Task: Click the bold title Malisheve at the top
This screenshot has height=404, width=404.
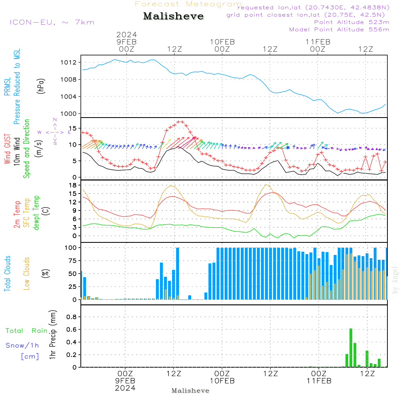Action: pyautogui.click(x=173, y=17)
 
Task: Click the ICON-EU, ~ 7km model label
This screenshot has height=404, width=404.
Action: pyautogui.click(x=52, y=22)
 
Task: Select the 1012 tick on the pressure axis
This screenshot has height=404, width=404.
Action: pyautogui.click(x=69, y=62)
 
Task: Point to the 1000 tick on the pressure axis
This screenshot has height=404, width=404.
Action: pyautogui.click(x=69, y=114)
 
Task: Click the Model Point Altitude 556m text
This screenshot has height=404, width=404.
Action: pyautogui.click(x=339, y=29)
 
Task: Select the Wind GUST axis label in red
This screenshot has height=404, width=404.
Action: pyautogui.click(x=7, y=150)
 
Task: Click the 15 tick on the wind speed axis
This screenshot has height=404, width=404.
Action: pyautogui.click(x=73, y=128)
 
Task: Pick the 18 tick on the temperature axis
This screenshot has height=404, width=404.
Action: pyautogui.click(x=73, y=185)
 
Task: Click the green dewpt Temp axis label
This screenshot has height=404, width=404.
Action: pyautogui.click(x=37, y=213)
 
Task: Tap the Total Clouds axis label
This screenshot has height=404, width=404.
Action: pyautogui.click(x=7, y=273)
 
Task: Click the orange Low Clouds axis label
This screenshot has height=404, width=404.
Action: pyautogui.click(x=27, y=273)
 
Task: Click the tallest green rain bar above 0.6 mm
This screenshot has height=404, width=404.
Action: pyautogui.click(x=351, y=347)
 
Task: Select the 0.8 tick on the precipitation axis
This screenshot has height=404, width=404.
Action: pyautogui.click(x=72, y=317)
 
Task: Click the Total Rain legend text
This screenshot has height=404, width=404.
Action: pyautogui.click(x=26, y=331)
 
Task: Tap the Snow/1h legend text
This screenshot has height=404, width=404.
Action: pyautogui.click(x=22, y=345)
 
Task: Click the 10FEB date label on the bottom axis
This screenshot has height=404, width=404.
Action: pyautogui.click(x=222, y=381)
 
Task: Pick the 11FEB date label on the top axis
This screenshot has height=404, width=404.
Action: pyautogui.click(x=318, y=42)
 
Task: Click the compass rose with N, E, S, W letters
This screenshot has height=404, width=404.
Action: pyautogui.click(x=55, y=132)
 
